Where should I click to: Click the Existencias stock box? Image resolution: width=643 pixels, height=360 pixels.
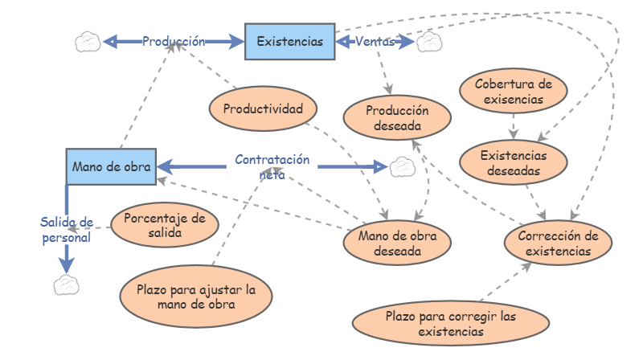pos(289,40)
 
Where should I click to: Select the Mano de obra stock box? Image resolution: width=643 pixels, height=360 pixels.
pos(111,166)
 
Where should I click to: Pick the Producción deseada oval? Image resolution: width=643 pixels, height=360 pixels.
pos(396,118)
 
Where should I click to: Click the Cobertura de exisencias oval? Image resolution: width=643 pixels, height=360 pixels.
pos(514,92)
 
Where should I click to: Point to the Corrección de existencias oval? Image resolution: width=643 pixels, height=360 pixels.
pos(559,243)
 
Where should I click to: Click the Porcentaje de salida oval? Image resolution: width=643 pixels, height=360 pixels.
pos(165,225)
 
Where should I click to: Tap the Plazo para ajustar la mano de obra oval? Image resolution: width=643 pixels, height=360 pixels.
pos(196,297)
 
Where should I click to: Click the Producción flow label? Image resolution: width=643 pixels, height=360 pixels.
pos(174,40)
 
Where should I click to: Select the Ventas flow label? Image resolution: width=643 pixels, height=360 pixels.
pos(375,40)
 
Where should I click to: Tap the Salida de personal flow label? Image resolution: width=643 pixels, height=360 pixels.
pos(67,229)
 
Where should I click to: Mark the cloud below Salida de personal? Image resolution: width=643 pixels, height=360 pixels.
pos(65,284)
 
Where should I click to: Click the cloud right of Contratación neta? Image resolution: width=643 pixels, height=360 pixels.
pos(400,166)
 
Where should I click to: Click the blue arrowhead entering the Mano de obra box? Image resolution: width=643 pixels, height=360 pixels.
pos(164,166)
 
